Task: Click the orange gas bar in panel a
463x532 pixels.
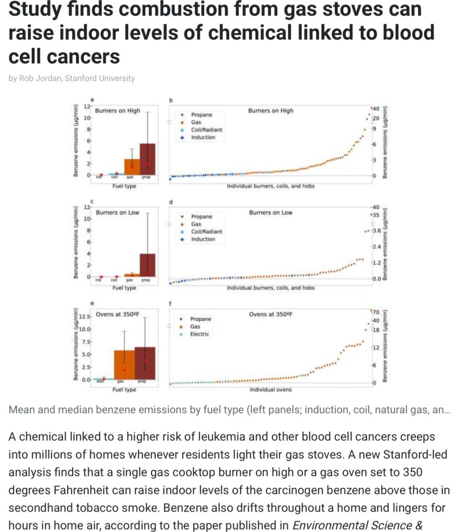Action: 132,167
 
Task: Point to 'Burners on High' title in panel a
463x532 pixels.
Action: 117,111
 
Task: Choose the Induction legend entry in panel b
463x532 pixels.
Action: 203,137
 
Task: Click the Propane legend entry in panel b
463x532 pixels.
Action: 201,115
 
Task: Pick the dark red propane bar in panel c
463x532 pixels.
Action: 147,265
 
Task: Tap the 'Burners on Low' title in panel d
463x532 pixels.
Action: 271,212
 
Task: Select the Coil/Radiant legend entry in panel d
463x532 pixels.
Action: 207,232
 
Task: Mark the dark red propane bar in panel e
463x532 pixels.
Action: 145,363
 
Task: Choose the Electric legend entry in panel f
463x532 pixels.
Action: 199,334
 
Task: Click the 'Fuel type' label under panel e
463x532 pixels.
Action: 124,390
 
